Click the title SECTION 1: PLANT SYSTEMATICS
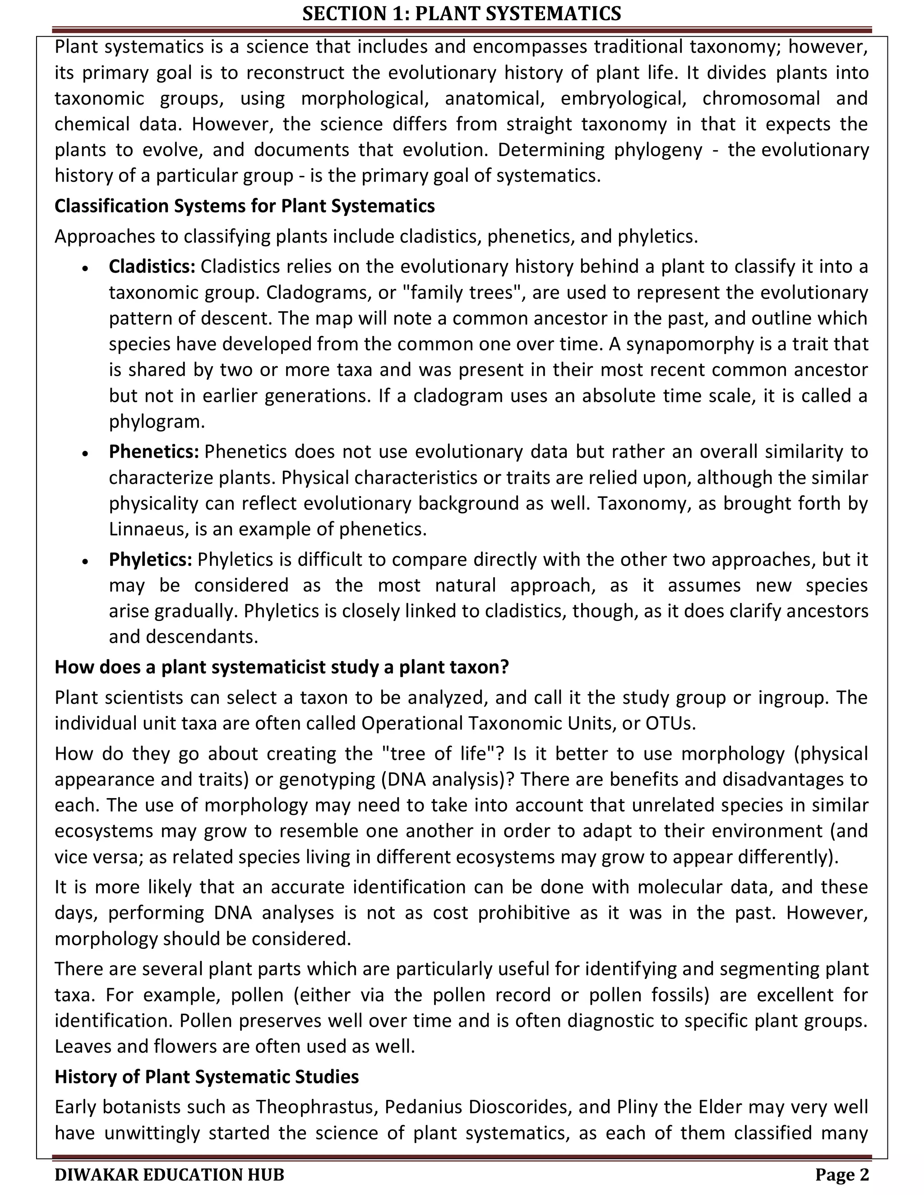pos(462,13)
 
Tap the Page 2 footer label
pos(842,1175)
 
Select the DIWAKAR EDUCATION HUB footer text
pos(169,1175)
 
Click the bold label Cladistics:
pos(152,267)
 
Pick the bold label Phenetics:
pos(154,451)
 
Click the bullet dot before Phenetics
pos(85,454)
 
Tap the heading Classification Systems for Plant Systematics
pos(244,206)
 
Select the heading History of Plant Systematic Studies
pos(206,1076)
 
